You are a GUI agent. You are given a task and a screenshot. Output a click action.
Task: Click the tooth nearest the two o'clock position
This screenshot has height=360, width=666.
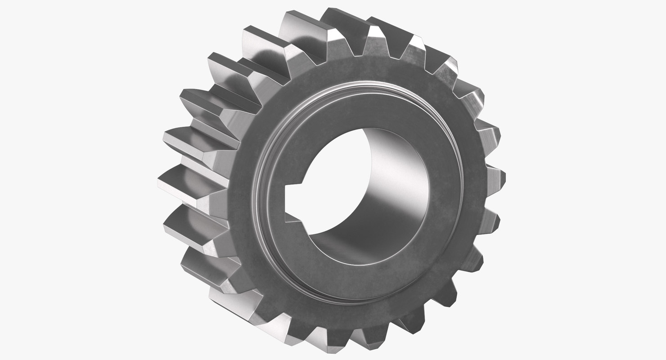click(468, 94)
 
